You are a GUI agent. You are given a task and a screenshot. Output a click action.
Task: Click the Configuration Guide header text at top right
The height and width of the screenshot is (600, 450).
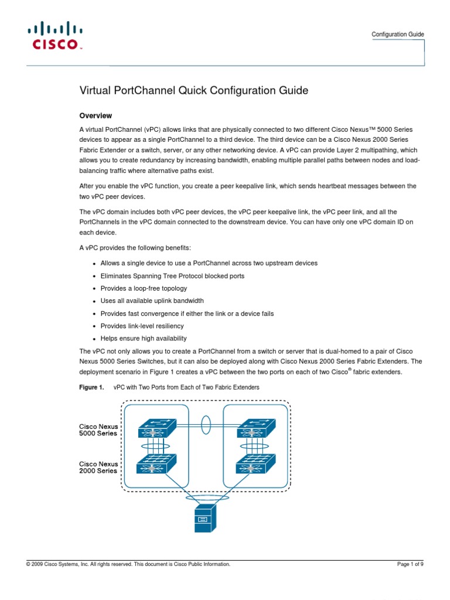[x=398, y=35]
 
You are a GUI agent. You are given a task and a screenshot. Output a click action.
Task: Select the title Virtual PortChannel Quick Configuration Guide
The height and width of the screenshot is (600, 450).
[x=193, y=90]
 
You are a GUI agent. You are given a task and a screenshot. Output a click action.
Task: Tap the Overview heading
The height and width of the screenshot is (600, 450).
[x=96, y=115]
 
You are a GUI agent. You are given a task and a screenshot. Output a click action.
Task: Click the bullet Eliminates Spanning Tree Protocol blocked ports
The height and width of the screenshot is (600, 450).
[x=172, y=275]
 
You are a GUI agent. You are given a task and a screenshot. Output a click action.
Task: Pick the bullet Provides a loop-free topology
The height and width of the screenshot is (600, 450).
[x=144, y=288]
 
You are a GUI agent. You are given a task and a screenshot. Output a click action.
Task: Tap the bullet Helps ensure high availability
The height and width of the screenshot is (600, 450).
[x=144, y=339]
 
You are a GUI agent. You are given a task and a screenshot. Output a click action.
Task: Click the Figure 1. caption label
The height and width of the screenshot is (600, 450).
[x=91, y=388]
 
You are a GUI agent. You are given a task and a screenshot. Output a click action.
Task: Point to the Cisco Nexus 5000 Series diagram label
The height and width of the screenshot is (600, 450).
[x=98, y=429]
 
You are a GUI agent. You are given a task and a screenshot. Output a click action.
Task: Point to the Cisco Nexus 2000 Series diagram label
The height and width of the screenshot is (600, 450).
[x=98, y=467]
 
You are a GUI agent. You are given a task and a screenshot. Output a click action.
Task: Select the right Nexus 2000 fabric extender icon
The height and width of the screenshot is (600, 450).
[x=254, y=464]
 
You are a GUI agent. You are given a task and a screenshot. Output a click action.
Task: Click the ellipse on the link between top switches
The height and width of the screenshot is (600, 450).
[x=206, y=424]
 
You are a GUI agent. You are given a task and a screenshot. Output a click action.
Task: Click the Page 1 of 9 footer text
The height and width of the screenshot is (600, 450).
[x=410, y=564]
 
